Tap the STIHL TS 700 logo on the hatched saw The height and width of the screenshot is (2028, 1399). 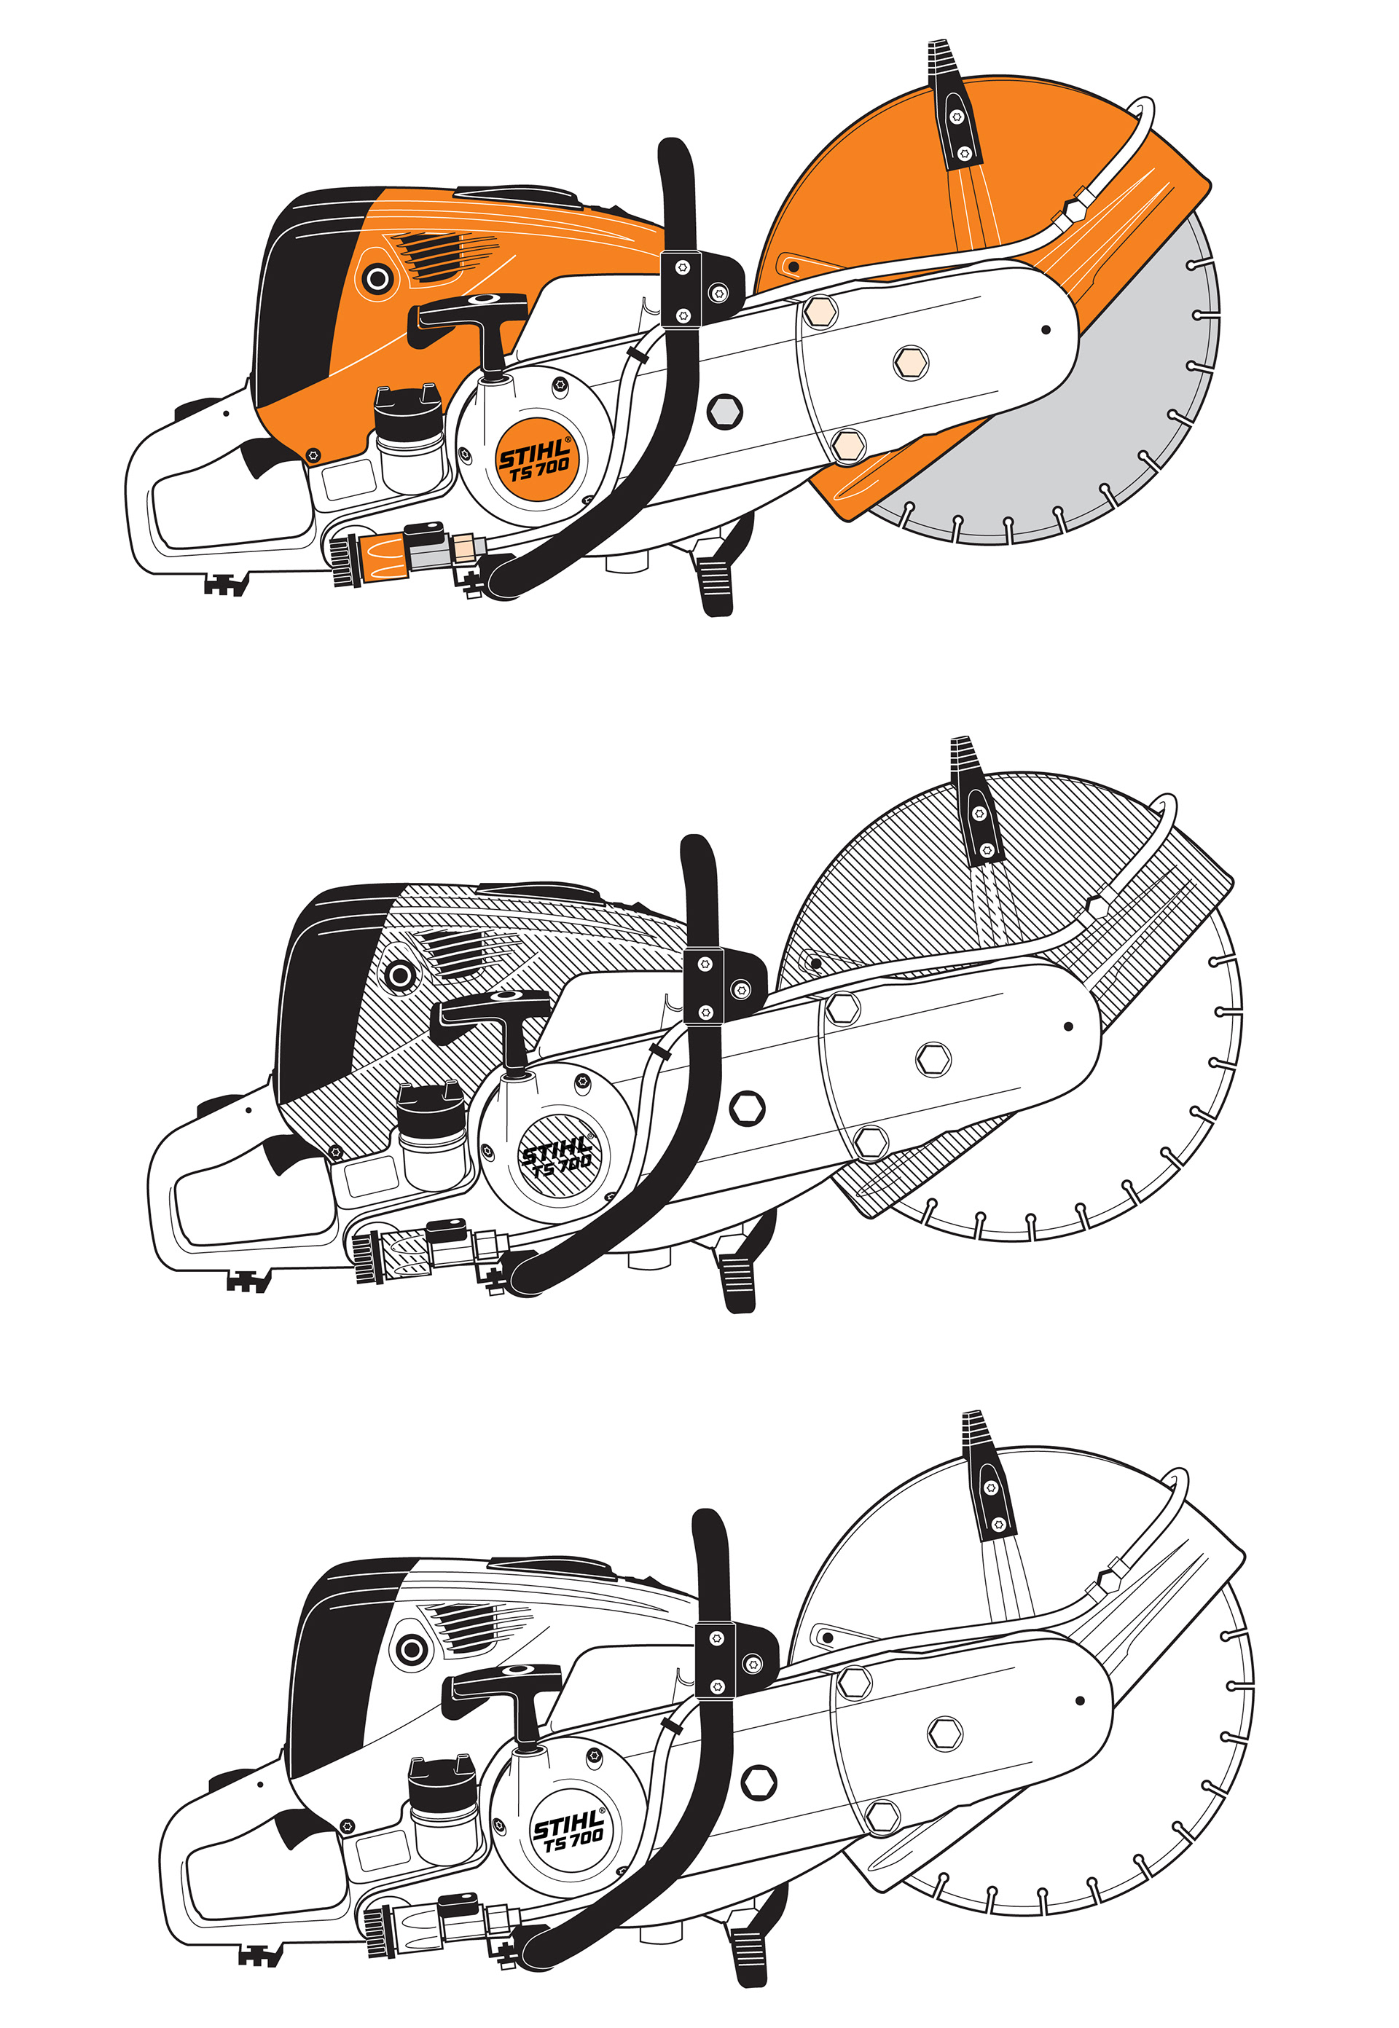coord(557,1156)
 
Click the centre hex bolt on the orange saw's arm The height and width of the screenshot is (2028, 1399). coord(910,362)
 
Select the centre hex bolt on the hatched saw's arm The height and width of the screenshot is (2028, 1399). coord(933,1058)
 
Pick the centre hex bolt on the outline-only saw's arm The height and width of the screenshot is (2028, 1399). coord(944,1732)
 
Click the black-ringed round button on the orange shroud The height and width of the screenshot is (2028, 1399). coord(377,280)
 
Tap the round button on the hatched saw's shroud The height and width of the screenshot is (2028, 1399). coord(401,975)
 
